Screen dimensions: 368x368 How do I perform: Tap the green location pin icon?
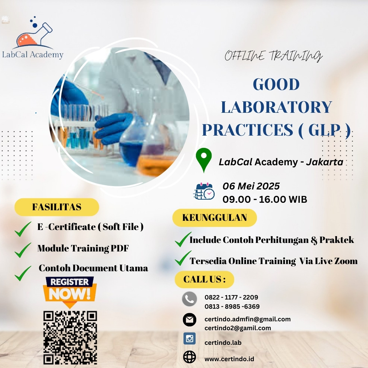pos(204,160)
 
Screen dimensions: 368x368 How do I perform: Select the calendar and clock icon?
pos(204,191)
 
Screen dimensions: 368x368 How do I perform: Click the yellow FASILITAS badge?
pos(57,207)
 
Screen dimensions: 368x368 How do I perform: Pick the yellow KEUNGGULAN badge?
pos(215,217)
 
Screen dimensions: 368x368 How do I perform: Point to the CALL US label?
pos(204,279)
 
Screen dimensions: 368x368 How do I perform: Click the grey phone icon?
pos(189,299)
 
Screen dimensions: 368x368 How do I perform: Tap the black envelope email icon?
pos(189,320)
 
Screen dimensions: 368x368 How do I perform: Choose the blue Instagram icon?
pos(189,338)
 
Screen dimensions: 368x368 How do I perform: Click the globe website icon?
pos(189,357)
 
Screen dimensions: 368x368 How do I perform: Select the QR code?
pos(70,337)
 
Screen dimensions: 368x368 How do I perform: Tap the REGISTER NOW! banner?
pos(70,291)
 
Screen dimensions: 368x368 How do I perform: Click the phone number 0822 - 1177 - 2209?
pos(231,297)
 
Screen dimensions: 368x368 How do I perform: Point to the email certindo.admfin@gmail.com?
pos(248,319)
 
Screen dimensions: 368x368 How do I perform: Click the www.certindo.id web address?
pos(229,359)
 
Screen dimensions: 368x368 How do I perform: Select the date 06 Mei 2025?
pos(251,186)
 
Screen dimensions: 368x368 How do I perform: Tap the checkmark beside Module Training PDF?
pos(23,250)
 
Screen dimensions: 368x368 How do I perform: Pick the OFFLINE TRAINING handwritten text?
pos(274,56)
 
